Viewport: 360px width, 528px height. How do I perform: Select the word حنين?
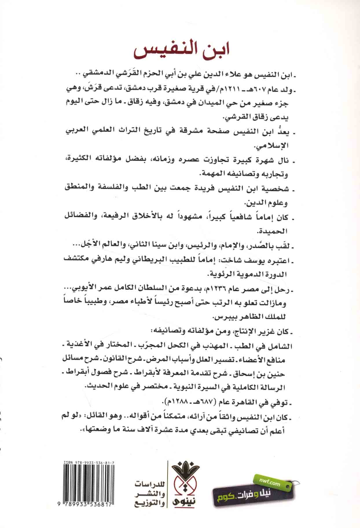coord(276,374)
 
